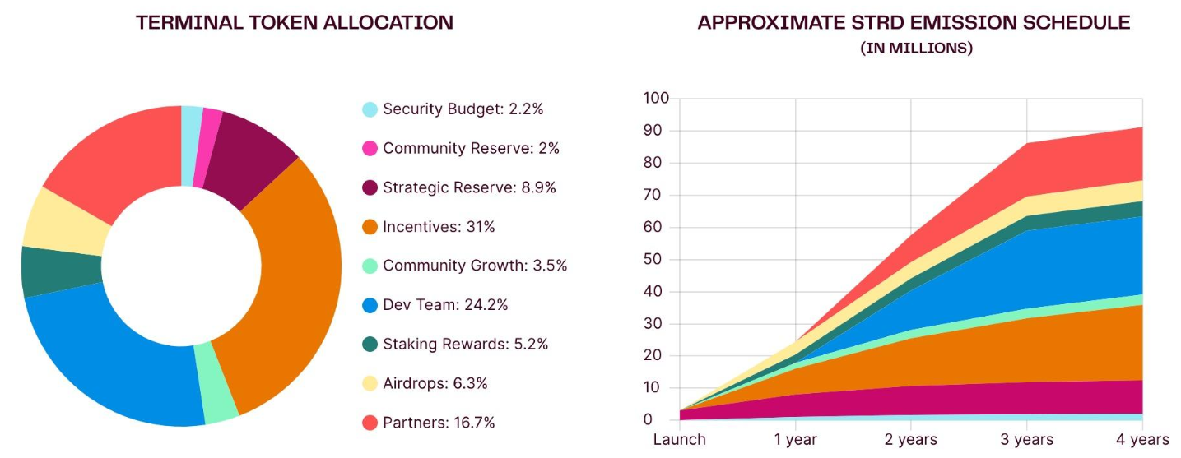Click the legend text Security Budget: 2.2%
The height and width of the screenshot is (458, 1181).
point(463,109)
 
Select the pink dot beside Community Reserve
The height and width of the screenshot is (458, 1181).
point(370,148)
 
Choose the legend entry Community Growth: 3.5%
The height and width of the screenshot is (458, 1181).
point(475,266)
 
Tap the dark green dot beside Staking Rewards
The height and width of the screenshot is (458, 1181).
point(370,344)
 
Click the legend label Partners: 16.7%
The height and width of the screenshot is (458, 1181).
point(439,423)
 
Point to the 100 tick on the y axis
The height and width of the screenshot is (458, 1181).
point(656,99)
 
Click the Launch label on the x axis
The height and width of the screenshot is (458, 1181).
point(679,439)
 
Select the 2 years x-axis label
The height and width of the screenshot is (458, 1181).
point(911,439)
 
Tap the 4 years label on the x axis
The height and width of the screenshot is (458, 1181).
point(1142,439)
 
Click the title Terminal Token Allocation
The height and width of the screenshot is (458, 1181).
point(295,23)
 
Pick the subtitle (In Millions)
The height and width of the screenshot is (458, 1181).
point(916,49)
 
